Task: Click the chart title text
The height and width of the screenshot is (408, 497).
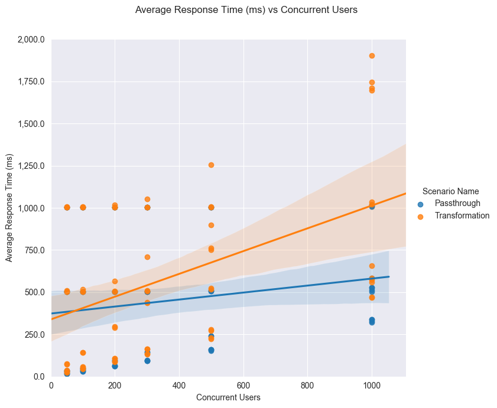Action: [246, 10]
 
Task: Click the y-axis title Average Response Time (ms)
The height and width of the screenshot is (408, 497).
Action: [9, 208]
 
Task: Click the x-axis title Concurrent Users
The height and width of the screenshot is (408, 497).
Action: [228, 397]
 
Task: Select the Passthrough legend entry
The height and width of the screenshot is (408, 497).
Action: [457, 203]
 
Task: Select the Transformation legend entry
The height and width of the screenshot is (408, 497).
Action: [462, 216]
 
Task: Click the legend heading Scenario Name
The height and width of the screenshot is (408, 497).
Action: [450, 191]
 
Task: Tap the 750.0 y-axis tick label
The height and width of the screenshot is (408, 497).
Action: [35, 250]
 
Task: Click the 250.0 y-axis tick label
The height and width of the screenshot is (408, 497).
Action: [35, 335]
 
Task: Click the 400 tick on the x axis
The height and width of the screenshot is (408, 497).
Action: [179, 386]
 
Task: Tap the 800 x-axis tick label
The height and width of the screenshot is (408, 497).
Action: [307, 386]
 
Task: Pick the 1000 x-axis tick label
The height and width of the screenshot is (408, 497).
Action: [372, 386]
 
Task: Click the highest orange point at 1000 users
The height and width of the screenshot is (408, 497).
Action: [372, 56]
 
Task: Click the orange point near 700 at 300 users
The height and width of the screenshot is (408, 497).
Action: [147, 257]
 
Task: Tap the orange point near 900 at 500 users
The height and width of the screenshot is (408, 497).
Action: [211, 225]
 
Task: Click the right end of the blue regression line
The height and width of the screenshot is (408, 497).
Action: [388, 276]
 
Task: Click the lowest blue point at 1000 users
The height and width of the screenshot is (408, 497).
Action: [372, 322]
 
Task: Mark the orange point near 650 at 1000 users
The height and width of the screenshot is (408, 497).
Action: [372, 266]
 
